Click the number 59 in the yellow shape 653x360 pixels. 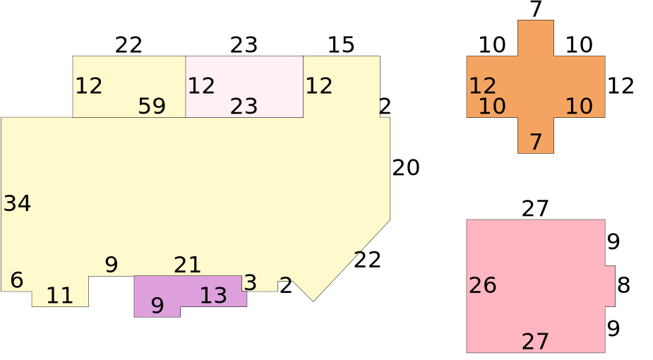pos(152,106)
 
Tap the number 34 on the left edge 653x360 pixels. pos(17,204)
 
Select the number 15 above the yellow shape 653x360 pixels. pos(341,45)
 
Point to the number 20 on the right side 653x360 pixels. pos(406,168)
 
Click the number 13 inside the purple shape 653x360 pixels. pos(213,296)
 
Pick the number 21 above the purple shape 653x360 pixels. pos(187,265)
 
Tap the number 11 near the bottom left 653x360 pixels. pos(59,296)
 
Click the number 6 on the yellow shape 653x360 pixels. pos(17,280)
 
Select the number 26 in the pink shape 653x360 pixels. pos(483,285)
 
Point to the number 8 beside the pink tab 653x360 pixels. pos(623,285)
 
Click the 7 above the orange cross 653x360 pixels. pos(536,10)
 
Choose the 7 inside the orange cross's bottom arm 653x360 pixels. pos(536,142)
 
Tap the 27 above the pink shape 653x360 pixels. pos(535,209)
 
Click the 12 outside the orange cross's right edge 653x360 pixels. pos(621,86)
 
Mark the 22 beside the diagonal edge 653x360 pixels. pos(367,260)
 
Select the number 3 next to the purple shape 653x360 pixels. pos(250,283)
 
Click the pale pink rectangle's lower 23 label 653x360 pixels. pos(244,107)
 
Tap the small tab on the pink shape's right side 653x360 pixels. pos(610,286)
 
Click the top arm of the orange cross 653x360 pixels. pos(536,38)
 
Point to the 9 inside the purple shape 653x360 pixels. pos(157,306)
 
